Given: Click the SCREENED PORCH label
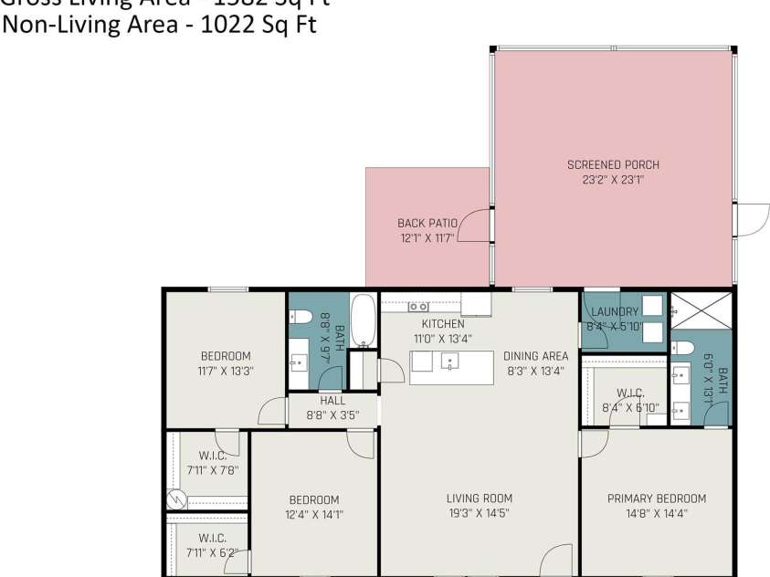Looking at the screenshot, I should click(613, 165).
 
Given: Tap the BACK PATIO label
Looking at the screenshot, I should click(427, 223).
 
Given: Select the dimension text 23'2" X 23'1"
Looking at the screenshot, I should click(613, 180).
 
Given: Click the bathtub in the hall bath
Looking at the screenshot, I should click(363, 320).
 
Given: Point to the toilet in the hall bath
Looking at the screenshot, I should click(301, 318).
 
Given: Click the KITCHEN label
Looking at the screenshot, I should click(442, 324).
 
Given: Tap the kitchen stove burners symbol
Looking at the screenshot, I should click(418, 307).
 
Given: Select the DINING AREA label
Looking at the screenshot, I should click(535, 356).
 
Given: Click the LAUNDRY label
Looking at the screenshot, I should click(615, 312).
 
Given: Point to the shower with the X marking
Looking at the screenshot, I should click(701, 311).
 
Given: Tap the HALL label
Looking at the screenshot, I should click(332, 401).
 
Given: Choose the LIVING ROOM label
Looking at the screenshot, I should click(479, 498).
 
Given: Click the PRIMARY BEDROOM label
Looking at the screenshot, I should click(656, 498).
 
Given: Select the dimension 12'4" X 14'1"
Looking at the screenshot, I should click(313, 514).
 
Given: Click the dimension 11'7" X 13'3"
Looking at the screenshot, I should click(226, 371).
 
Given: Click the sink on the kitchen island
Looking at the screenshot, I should click(450, 362).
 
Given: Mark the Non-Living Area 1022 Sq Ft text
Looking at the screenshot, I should click(160, 25).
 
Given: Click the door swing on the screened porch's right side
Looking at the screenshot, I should click(752, 220).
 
